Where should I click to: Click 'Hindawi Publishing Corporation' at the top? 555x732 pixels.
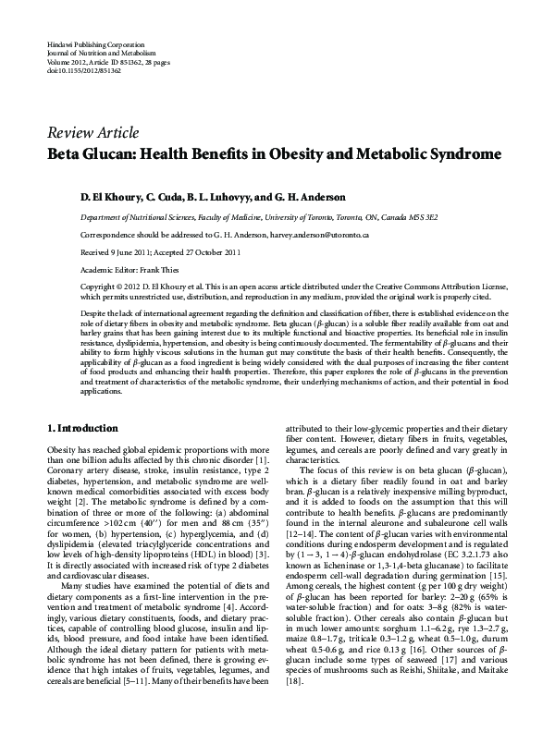(94, 44)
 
